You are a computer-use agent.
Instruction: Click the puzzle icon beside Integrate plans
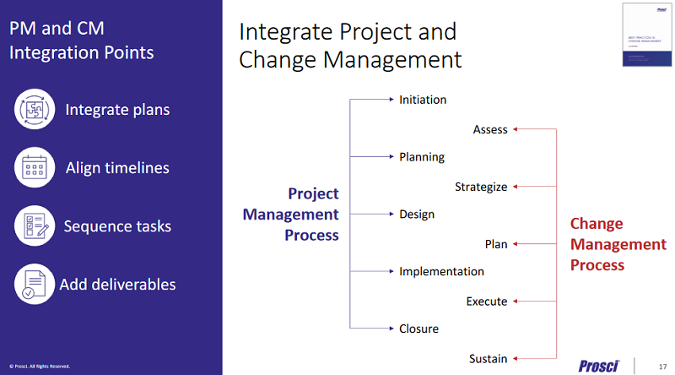coord(35,110)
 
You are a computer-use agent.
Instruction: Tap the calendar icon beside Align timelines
coord(35,168)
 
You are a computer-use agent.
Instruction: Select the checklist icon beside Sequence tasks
coord(35,226)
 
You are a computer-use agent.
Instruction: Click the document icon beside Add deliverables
coord(35,284)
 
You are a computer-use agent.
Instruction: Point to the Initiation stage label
coord(423,100)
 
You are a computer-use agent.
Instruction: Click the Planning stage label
coord(421,157)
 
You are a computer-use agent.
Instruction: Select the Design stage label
coord(417,215)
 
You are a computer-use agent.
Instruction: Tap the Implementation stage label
coord(441,272)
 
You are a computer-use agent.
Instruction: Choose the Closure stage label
coord(418,329)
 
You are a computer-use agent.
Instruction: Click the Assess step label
coord(490,129)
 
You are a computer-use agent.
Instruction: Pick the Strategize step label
coord(481,187)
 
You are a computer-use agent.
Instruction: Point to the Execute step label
coord(487,302)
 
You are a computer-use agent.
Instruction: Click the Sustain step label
coord(489,359)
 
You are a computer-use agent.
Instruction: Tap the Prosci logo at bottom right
coord(599,365)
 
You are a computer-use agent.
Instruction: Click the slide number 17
coord(661,366)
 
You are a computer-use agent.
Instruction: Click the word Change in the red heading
coord(597,224)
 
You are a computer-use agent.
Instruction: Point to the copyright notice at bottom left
coord(40,367)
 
